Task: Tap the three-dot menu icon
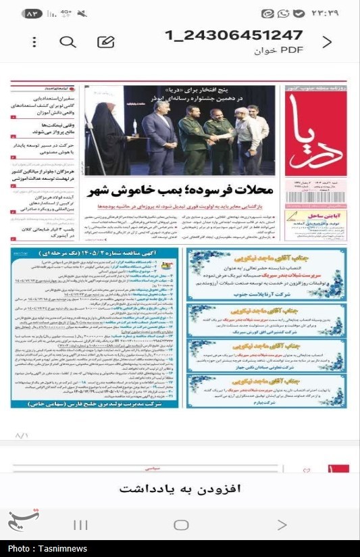coord(34,42)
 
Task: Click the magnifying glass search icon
coord(68,42)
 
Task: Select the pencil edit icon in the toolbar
coord(105,42)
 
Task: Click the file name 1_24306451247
coord(234,35)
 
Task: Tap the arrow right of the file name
coord(327,42)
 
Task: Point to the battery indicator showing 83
coord(32,14)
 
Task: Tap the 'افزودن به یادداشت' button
coord(180,489)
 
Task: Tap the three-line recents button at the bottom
coord(80,525)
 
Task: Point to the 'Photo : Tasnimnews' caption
coord(42,549)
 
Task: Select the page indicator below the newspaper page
coord(22,435)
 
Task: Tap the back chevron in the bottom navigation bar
coord(282,525)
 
